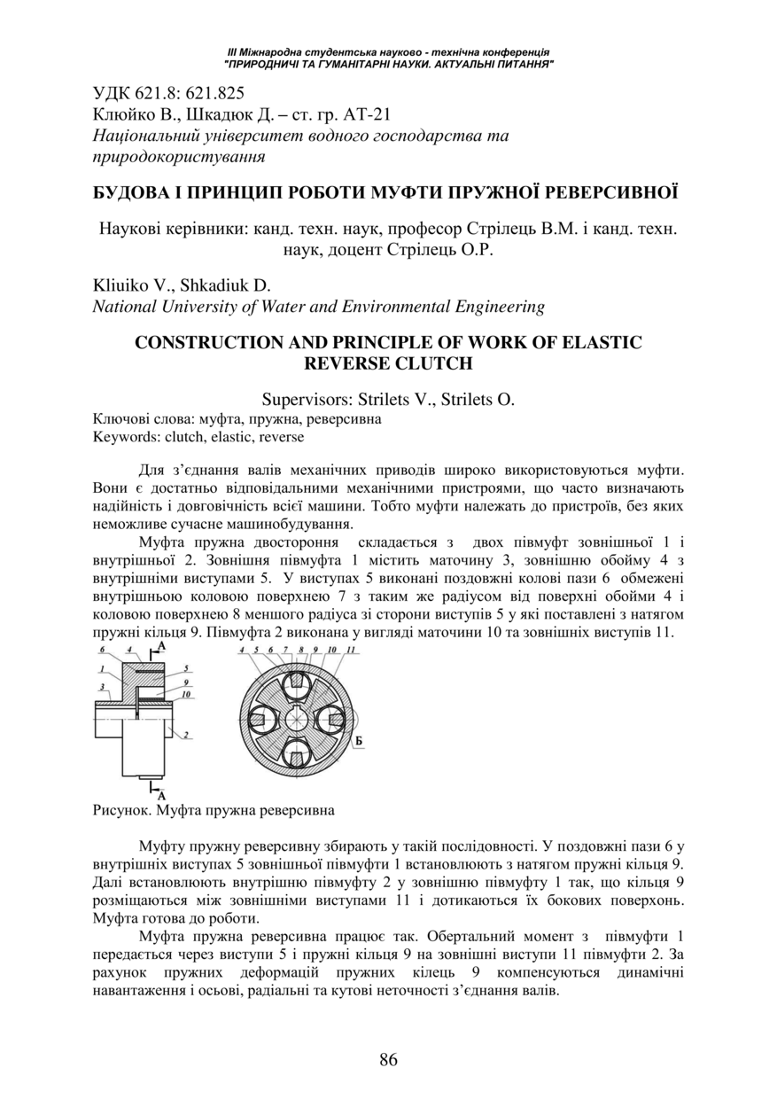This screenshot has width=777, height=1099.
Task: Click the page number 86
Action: coord(388,1060)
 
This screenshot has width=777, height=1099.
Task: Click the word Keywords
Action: coord(122,437)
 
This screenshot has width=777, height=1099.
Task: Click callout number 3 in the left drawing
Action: coord(102,685)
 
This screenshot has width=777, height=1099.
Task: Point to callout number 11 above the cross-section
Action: coord(351,651)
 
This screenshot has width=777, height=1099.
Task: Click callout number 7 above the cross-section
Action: coord(286,651)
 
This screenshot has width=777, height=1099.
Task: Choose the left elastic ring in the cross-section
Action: coord(260,720)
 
